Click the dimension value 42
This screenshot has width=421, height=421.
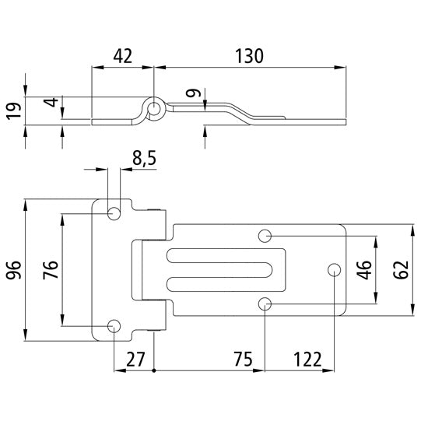(123, 55)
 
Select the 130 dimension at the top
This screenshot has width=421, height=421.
(249, 55)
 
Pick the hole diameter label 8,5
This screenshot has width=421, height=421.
(144, 159)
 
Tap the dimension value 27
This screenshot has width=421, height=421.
(133, 360)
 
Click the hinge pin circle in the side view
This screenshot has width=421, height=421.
(155, 108)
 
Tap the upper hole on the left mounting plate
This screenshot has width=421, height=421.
(114, 212)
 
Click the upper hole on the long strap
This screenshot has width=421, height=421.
(265, 235)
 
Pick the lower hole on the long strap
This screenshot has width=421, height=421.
(265, 303)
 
